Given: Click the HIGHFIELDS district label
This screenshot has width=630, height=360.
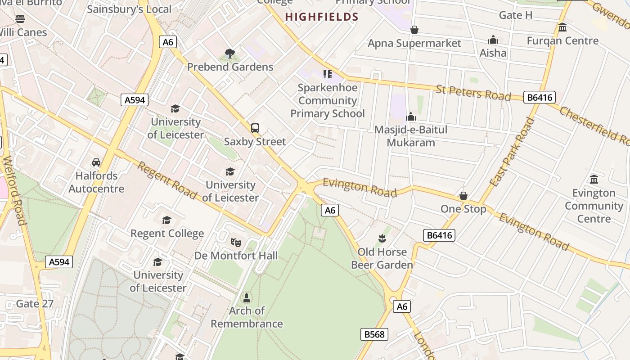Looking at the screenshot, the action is pyautogui.click(x=322, y=17).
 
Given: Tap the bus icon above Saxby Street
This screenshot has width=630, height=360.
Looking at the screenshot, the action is pyautogui.click(x=255, y=128).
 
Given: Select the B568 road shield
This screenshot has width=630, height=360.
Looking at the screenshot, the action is pyautogui.click(x=374, y=334).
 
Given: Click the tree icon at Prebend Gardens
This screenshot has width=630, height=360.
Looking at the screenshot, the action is pyautogui.click(x=230, y=54).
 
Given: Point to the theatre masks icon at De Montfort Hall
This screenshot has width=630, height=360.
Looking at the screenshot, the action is pyautogui.click(x=235, y=242).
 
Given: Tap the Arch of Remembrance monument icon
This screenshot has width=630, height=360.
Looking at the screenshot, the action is pyautogui.click(x=247, y=297).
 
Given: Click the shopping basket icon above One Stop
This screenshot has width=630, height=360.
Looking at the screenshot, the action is pyautogui.click(x=463, y=196).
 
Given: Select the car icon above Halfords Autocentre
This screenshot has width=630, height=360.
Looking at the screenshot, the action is pyautogui.click(x=96, y=162).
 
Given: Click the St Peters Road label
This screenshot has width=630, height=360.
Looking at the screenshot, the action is pyautogui.click(x=473, y=93).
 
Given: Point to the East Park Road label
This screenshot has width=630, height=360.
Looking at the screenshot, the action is pyautogui.click(x=513, y=152).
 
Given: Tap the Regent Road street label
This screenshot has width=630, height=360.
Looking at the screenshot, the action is pyautogui.click(x=167, y=180).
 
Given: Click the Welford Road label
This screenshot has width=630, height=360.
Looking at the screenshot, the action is pyautogui.click(x=14, y=191).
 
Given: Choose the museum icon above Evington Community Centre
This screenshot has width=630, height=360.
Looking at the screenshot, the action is pyautogui.click(x=594, y=179).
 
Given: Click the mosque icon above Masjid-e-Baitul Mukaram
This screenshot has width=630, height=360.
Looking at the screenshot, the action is pyautogui.click(x=411, y=117).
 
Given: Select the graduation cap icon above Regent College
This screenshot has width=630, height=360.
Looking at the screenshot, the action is pyautogui.click(x=167, y=220).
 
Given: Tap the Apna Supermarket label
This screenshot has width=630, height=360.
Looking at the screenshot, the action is pyautogui.click(x=414, y=43).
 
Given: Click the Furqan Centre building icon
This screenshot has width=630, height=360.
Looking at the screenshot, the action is pyautogui.click(x=562, y=27).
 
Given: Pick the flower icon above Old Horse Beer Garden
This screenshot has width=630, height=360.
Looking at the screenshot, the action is pyautogui.click(x=382, y=238).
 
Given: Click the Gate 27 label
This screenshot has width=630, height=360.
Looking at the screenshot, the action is pyautogui.click(x=35, y=304).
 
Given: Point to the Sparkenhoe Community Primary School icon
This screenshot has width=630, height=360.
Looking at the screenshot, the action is pyautogui.click(x=327, y=74).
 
